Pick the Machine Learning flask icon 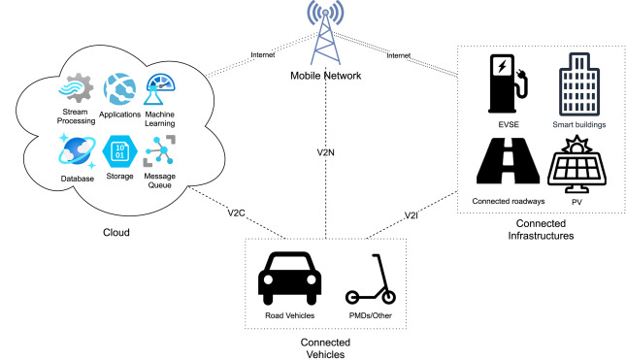[159, 93]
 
